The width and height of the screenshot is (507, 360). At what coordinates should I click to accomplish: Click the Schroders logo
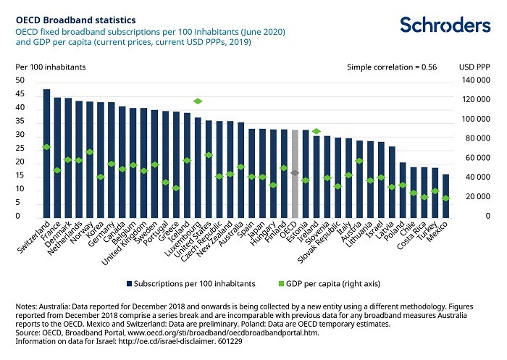point(445,26)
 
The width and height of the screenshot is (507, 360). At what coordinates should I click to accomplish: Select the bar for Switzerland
point(47,153)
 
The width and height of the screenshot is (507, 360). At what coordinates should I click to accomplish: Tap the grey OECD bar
point(295,174)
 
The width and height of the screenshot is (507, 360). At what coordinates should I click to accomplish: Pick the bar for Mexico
point(445,196)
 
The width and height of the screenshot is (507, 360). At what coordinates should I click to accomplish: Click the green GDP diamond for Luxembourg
point(198,101)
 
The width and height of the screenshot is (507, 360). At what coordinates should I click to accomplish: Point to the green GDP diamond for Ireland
point(316,131)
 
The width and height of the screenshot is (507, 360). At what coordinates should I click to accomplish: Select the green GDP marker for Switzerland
point(47,147)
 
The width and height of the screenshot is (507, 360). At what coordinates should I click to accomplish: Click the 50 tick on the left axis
point(20,81)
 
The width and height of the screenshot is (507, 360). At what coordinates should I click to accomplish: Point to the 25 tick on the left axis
point(20,149)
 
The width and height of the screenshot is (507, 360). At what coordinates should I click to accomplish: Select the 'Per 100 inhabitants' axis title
point(50,67)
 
